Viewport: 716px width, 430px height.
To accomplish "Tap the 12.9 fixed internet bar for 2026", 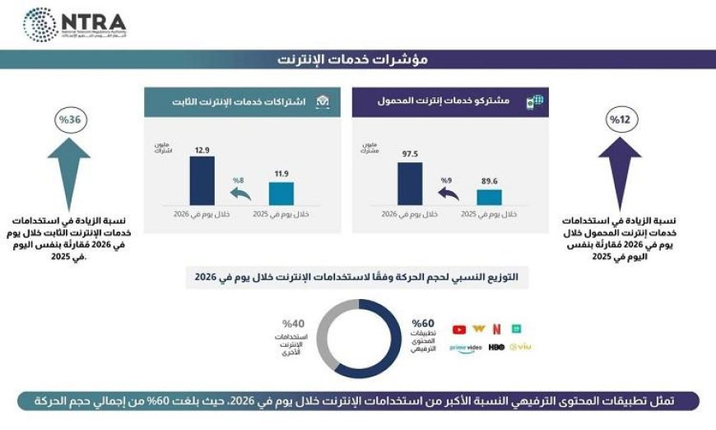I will pos(202,180).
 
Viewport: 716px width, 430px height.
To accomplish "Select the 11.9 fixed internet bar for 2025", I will pos(281,193).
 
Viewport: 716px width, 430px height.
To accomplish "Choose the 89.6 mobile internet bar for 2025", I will pos(489,196).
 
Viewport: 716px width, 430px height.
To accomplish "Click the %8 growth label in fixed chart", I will pos(239,180).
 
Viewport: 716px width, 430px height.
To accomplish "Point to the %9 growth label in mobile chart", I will pos(446,180).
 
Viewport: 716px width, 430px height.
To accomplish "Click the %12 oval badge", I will pos(619,120).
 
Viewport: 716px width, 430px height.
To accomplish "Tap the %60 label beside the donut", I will pos(422,323).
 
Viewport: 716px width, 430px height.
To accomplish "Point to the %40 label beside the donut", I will pos(293,323).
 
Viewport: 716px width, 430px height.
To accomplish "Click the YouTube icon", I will pos(458,330).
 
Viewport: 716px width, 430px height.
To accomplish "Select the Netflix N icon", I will pos(496,329).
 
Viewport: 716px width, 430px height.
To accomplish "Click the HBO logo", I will pos(496,348).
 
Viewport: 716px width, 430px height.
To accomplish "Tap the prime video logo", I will pos(465,348).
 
